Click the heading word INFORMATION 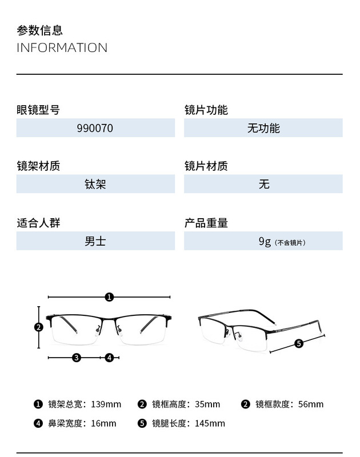tap(62, 47)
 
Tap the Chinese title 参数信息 tap(39, 30)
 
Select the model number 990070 tap(95, 129)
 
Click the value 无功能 tap(263, 129)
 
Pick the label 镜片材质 tap(206, 166)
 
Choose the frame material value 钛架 tap(95, 185)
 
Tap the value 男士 tap(95, 241)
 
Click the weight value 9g tap(264, 241)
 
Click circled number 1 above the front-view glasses tap(110, 296)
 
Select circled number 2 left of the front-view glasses tap(39, 327)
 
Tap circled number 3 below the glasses tap(77, 358)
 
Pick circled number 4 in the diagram tap(110, 358)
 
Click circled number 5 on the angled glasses tap(298, 343)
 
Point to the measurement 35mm tap(207, 404)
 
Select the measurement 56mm tap(311, 404)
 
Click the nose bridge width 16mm tap(103, 423)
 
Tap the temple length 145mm tap(210, 423)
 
